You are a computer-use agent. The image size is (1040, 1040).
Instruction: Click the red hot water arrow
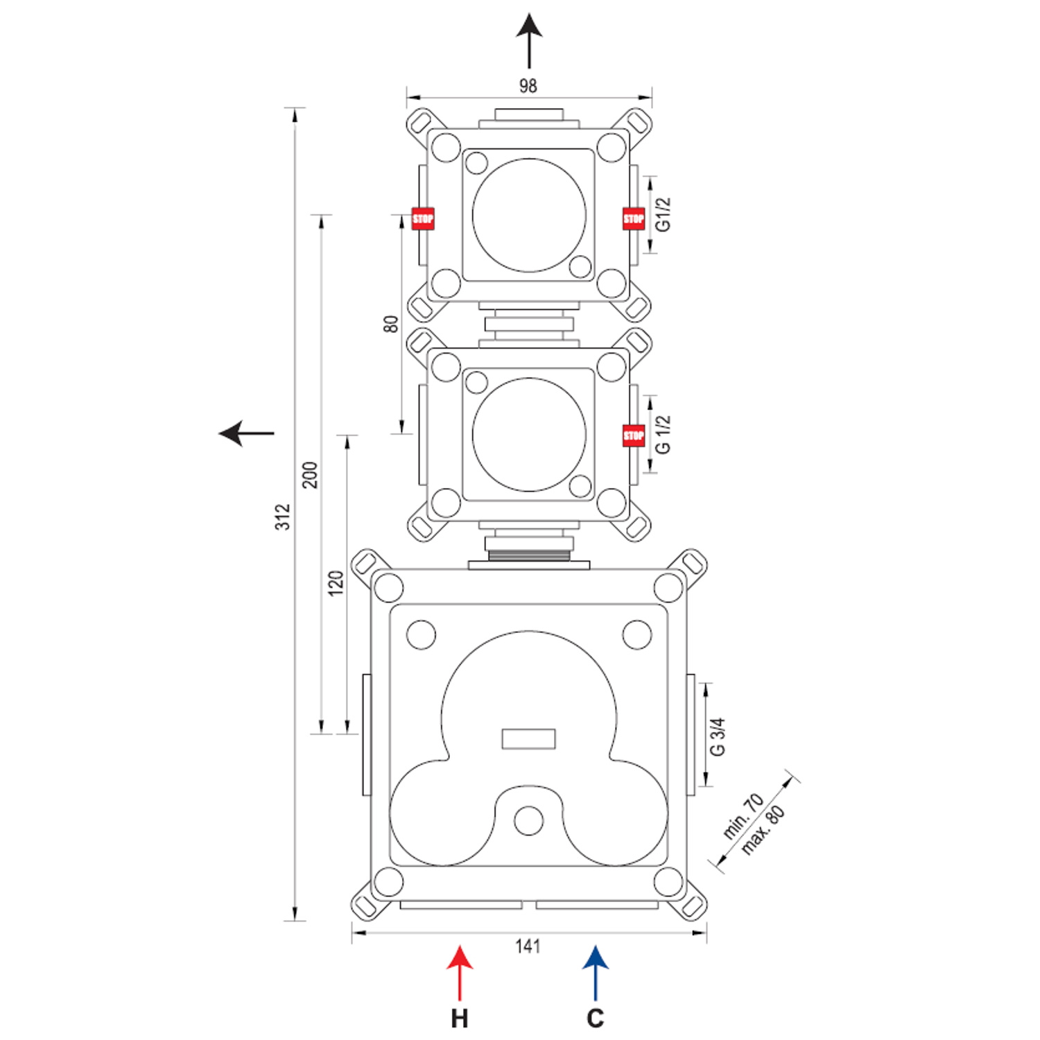[460, 972]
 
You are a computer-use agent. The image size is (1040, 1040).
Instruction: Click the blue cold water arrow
[596, 972]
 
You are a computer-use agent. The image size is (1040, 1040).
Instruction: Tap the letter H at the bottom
[460, 1019]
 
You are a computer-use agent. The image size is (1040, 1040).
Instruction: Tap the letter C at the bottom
[596, 1019]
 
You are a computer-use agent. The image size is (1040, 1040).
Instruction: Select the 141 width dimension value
[528, 946]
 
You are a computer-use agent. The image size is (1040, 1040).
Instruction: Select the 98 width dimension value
[528, 86]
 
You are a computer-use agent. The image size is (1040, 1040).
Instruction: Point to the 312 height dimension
[283, 517]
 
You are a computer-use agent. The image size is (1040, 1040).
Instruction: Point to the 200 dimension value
[310, 475]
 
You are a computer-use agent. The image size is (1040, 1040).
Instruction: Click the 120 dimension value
[336, 583]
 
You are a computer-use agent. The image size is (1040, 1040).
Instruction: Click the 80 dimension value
[392, 324]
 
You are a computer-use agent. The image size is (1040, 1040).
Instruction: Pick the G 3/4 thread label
[718, 736]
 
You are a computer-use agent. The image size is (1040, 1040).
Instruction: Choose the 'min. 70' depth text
[743, 816]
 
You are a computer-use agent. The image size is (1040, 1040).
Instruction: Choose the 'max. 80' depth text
[763, 830]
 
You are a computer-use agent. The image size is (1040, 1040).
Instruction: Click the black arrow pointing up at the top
[529, 40]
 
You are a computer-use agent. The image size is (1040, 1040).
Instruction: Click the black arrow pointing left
[246, 433]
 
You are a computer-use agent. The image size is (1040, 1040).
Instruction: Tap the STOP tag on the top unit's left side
[423, 218]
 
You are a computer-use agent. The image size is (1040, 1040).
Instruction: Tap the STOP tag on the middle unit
[634, 435]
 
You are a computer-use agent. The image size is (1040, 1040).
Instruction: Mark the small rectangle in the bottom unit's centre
[528, 739]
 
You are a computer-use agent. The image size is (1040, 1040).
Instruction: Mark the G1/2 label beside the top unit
[664, 214]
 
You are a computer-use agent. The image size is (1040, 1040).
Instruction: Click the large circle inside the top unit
[529, 215]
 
